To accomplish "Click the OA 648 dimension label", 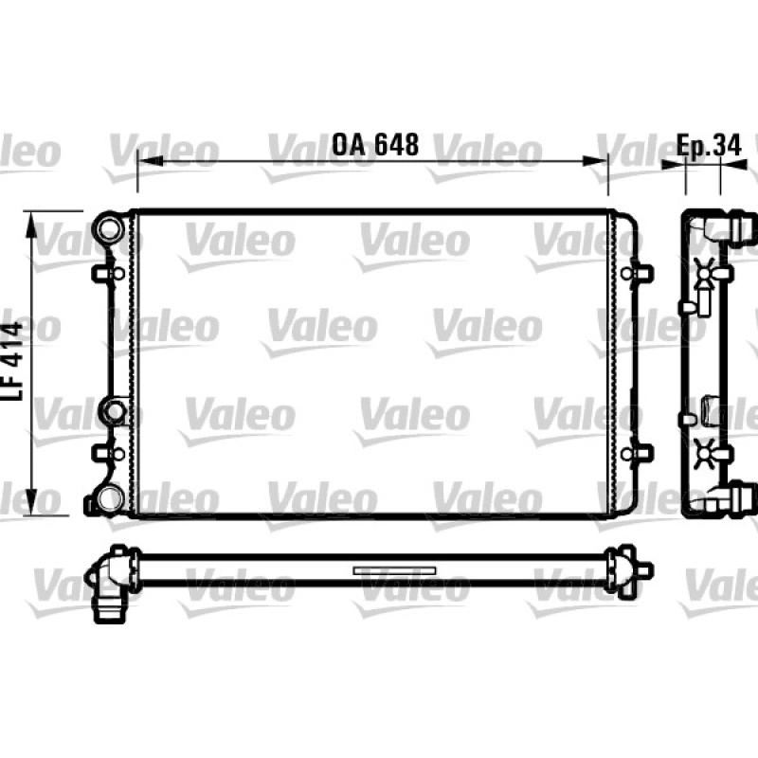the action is [x=375, y=145].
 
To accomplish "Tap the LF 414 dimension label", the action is [x=12, y=361].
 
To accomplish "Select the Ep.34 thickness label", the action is [x=708, y=145].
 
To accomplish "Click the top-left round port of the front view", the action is [x=110, y=228].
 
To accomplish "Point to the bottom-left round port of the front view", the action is [x=110, y=498].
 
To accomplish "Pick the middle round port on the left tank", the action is [x=115, y=411].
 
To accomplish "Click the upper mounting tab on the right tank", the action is [x=637, y=274].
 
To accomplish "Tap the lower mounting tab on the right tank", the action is [x=637, y=454].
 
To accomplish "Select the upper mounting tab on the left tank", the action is [x=108, y=274].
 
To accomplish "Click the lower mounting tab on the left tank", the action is [x=108, y=454].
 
